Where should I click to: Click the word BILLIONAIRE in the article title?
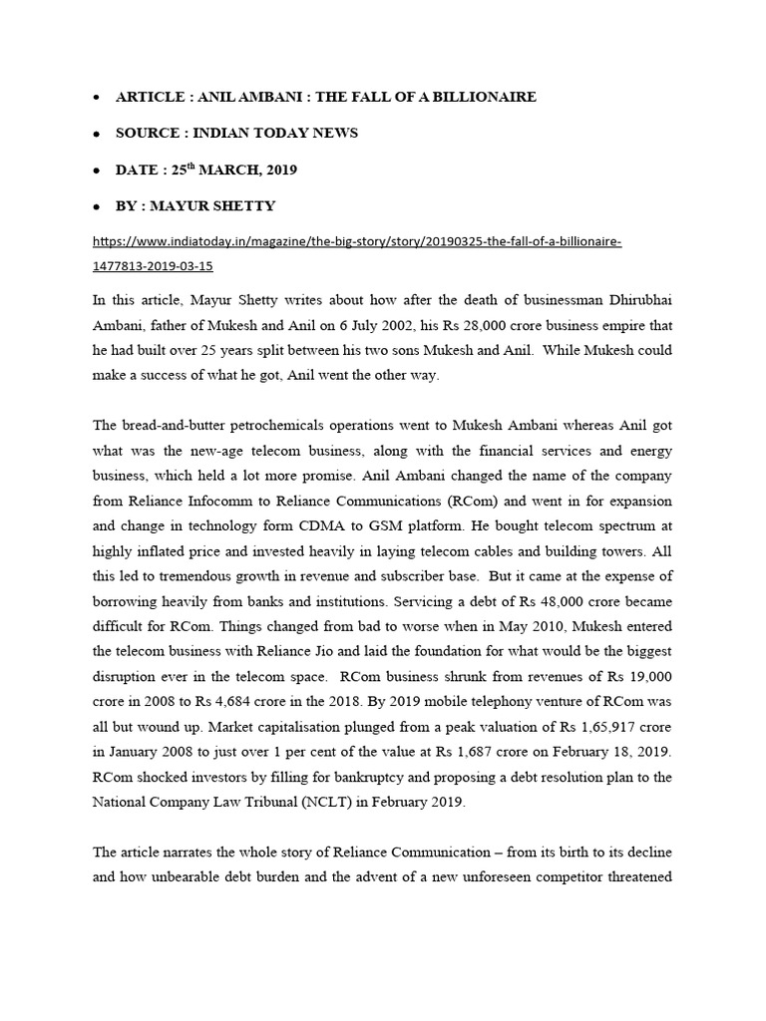478,97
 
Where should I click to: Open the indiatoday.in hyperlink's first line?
356,242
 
